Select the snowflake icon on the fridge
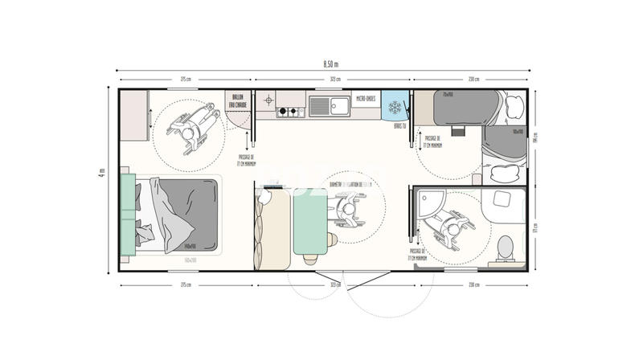pos(394,107)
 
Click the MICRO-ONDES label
pos(366,99)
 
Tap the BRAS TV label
pos(397,126)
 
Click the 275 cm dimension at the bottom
pos(186,284)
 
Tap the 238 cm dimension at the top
pos(473,79)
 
